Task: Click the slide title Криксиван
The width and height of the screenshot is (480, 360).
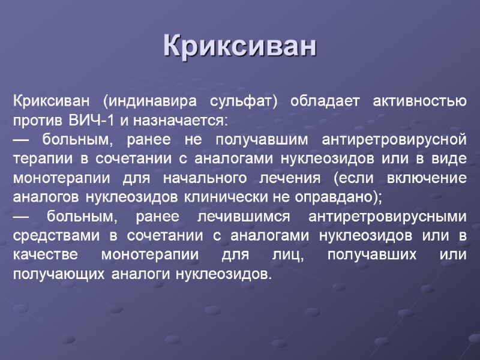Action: click(x=240, y=47)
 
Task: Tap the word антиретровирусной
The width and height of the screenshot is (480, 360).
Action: click(x=394, y=140)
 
